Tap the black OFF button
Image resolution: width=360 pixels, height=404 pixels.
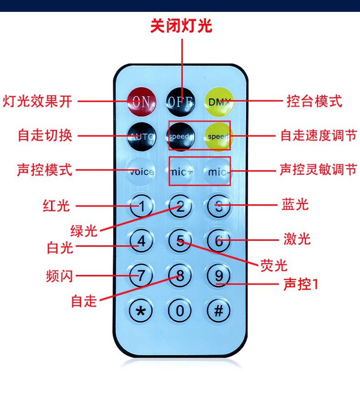point(181,101)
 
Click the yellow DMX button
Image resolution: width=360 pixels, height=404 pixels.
point(220,101)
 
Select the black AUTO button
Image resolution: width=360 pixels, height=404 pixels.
point(142,136)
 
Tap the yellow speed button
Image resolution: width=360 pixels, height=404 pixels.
point(218,136)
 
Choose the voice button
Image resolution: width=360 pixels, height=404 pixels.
point(142,172)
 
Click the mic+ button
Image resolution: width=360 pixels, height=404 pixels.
point(181,172)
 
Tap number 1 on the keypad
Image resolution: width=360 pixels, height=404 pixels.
point(142,207)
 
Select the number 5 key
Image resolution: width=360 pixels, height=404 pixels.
point(181,241)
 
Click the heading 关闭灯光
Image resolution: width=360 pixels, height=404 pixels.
point(181,26)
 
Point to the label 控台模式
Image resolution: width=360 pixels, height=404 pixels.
point(314,101)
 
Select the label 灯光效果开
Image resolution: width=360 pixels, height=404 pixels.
point(38,101)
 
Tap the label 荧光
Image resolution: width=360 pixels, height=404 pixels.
point(274,265)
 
